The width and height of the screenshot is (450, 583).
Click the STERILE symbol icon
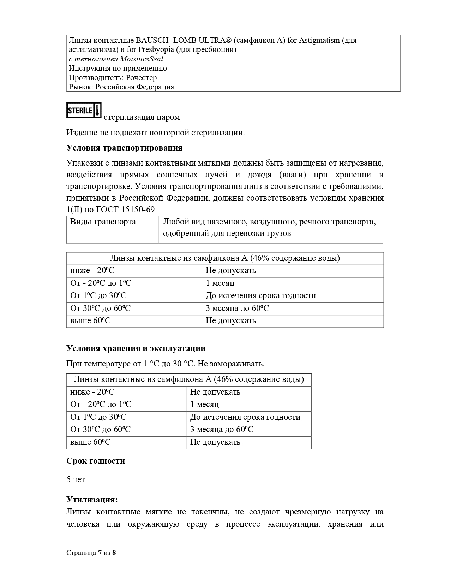(84, 110)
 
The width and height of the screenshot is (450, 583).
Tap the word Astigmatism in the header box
(320, 40)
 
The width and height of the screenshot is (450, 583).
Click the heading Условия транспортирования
(124, 148)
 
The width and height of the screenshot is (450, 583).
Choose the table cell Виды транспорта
(103, 222)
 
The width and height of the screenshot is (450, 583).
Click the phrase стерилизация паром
(142, 117)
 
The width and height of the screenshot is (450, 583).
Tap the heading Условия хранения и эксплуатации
(136, 348)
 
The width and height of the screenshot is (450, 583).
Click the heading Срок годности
(96, 461)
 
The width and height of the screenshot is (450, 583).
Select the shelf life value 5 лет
(76, 479)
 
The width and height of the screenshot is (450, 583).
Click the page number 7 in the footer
(100, 553)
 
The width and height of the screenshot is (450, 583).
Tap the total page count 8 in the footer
(114, 553)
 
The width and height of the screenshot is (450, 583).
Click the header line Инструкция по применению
(118, 68)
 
